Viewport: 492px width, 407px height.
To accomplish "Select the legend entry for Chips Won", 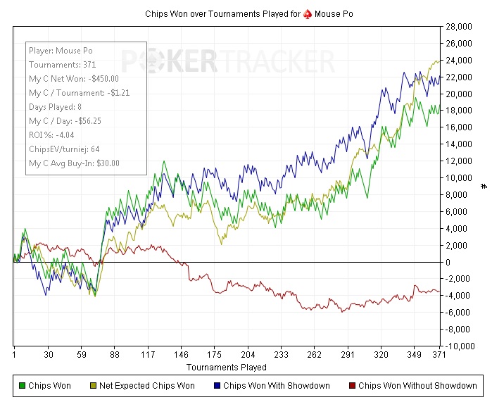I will [x=49, y=385].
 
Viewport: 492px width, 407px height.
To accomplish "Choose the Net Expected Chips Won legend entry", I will [x=146, y=385].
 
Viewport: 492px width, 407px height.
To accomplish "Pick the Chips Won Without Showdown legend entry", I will [x=417, y=385].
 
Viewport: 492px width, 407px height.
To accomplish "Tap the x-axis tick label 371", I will [x=439, y=356].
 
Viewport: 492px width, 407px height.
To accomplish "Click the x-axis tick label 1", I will [x=14, y=356].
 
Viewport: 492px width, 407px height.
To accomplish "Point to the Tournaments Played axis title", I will [x=227, y=368].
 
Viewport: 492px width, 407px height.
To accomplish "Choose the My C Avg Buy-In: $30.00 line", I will [x=74, y=163].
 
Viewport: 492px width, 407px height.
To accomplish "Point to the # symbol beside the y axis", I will [x=484, y=187].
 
